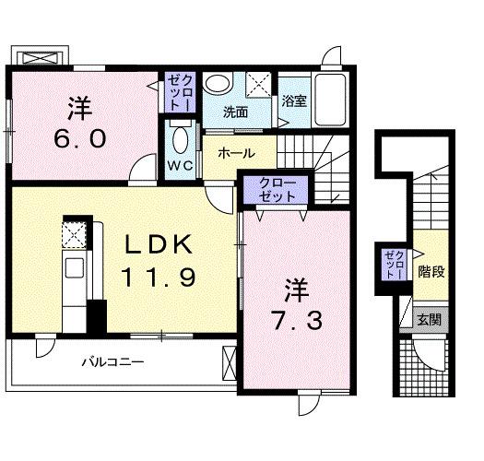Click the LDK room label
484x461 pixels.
point(159,244)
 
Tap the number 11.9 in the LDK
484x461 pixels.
point(159,276)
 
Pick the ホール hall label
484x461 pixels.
point(237,154)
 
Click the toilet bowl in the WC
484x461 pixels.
point(180,140)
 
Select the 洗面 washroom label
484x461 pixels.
point(235,113)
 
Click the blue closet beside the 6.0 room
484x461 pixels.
point(178,92)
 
